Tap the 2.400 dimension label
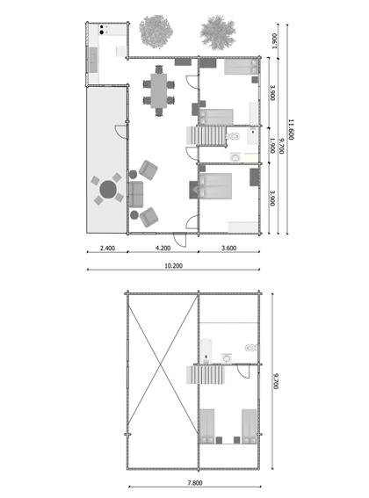tap(107, 249)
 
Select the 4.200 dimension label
tap(163, 249)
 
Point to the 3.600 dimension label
tap(229, 249)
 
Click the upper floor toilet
tap(250, 346)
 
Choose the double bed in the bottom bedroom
tap(214, 188)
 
